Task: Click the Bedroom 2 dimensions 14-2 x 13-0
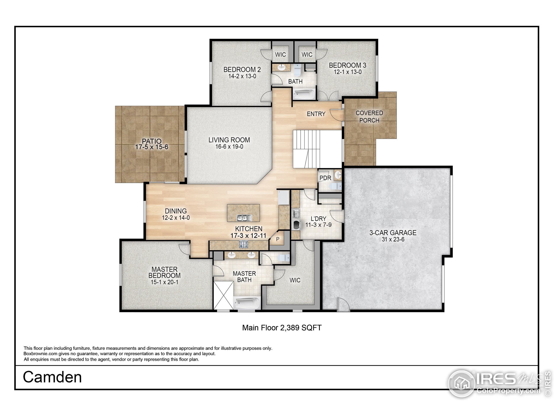pos(242,76)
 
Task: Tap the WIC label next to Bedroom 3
pos(307,55)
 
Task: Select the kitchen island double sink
pos(244,218)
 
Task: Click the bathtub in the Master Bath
pos(247,302)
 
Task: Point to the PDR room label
pos(325,178)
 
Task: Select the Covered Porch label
pos(369,117)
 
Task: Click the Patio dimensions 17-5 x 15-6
pos(151,147)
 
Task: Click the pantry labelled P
pos(277,239)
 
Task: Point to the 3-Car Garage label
pos(393,233)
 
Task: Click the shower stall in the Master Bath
pos(223,295)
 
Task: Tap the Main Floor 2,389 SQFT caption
pos(282,328)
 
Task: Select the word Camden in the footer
pos(52,377)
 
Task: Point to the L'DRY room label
pos(318,219)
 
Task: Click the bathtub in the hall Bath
pos(304,94)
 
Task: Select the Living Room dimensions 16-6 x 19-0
pos(229,147)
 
